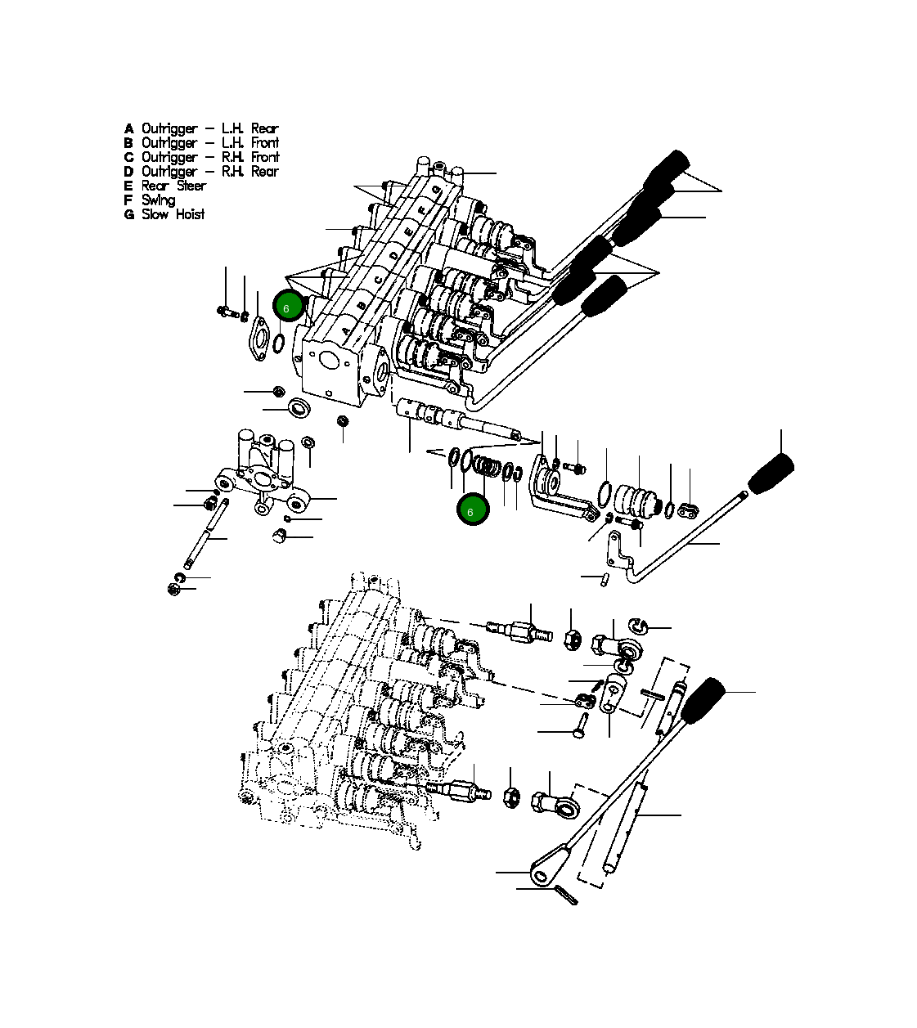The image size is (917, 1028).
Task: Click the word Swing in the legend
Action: coord(158,200)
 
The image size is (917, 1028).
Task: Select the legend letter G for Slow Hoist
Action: coord(128,215)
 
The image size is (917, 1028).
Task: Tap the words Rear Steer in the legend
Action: coord(173,186)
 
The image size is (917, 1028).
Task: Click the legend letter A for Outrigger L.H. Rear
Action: coord(128,129)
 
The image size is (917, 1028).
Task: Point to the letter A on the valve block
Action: coord(347,331)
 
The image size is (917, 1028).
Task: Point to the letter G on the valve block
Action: coord(438,190)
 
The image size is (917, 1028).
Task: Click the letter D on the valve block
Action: coord(393,256)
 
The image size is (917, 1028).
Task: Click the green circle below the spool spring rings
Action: coord(472,510)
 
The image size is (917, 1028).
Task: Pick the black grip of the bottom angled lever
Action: coord(702,701)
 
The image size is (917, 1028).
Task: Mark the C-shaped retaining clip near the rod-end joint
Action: coord(637,626)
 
